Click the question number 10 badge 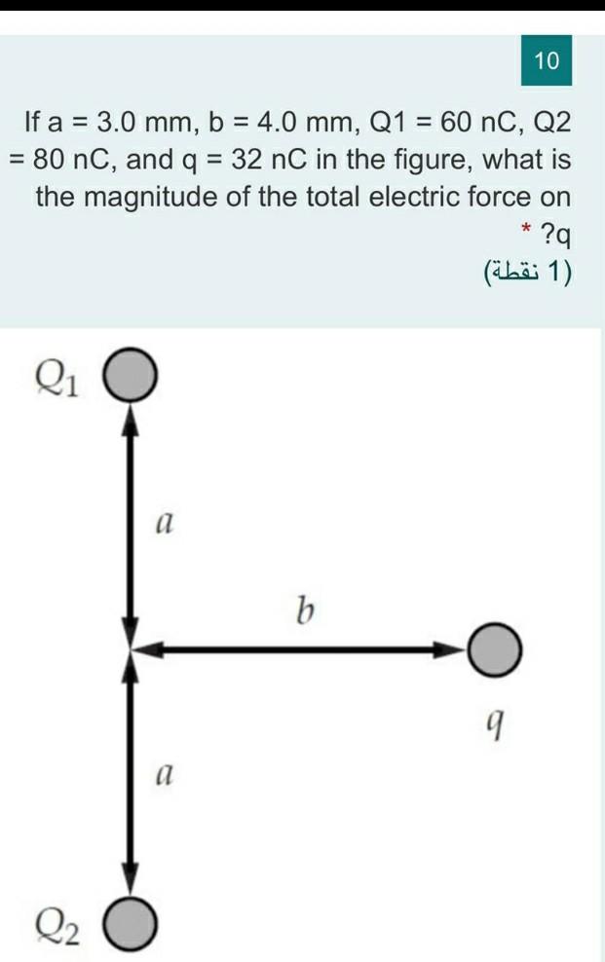click(548, 60)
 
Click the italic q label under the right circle click(497, 721)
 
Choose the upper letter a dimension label click(165, 524)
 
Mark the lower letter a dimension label click(165, 775)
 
